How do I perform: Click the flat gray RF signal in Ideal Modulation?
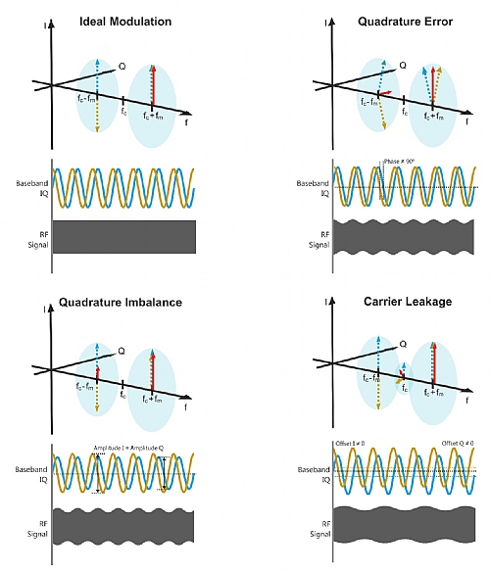pos(123,235)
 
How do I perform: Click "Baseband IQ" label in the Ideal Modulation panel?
pos(27,187)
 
